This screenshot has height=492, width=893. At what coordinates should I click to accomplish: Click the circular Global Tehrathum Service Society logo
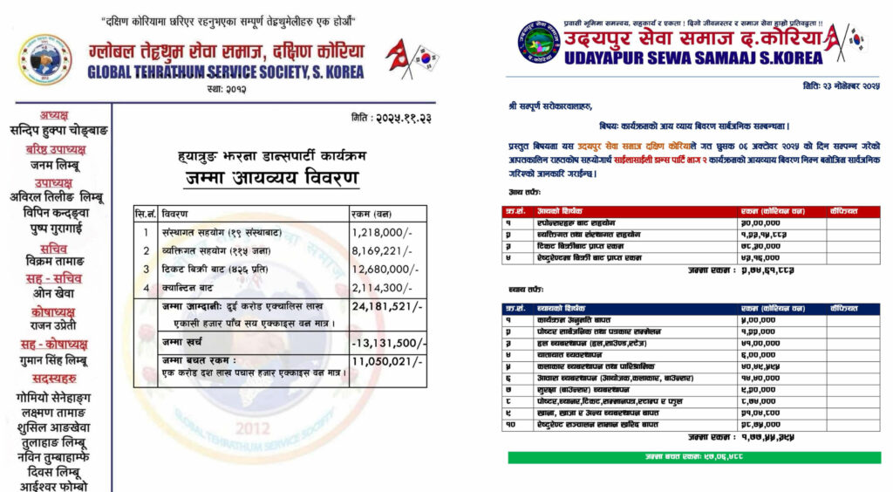point(45,59)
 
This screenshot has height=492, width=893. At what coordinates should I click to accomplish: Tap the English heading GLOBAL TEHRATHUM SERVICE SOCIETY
point(226,72)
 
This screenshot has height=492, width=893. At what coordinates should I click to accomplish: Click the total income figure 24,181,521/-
point(386,306)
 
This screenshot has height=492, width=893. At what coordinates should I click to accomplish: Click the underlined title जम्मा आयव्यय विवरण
point(270,179)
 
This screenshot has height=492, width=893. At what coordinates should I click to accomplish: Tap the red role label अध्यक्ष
point(60,115)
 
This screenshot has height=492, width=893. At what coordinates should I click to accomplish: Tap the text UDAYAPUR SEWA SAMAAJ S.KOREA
point(669,58)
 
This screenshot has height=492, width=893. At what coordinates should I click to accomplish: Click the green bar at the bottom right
point(694,457)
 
